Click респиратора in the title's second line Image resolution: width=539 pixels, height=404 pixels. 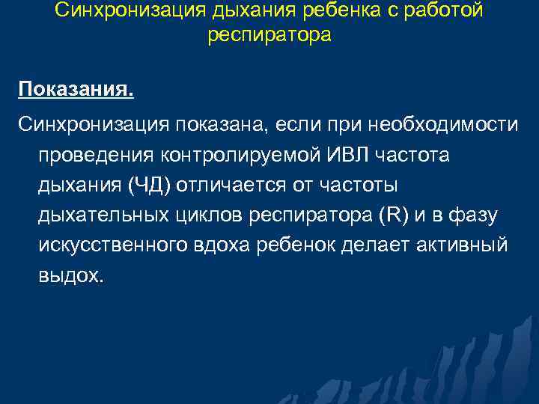(269, 36)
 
